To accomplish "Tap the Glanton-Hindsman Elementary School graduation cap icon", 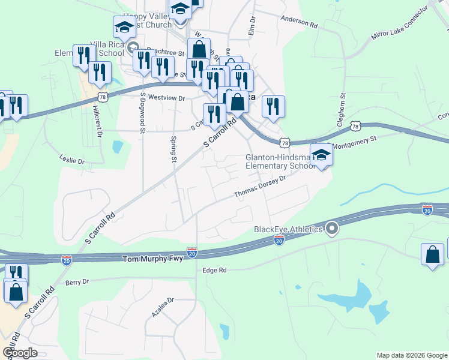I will [322, 155].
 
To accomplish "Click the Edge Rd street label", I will [215, 271].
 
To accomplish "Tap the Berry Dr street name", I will [77, 281].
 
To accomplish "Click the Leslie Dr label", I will [73, 161].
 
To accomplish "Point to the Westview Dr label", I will [166, 97].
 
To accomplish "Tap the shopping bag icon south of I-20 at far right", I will [433, 254].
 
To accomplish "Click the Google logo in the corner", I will [20, 353].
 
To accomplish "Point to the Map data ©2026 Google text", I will [412, 355].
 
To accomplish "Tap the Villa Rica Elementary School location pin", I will [133, 49].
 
